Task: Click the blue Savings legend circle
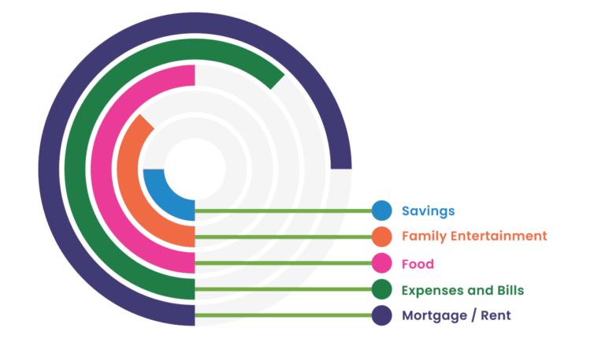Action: [381, 210]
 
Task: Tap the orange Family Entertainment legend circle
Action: [381, 236]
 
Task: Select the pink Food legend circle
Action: [381, 262]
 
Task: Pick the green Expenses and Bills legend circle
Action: [381, 289]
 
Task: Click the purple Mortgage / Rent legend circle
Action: [381, 315]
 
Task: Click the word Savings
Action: [428, 211]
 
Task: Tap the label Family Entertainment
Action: [473, 236]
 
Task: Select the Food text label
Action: [418, 263]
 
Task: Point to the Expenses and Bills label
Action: [462, 290]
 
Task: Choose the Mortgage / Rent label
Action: [456, 315]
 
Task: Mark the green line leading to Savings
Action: [284, 210]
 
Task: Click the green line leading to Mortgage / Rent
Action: [284, 315]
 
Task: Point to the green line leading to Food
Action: [284, 262]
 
